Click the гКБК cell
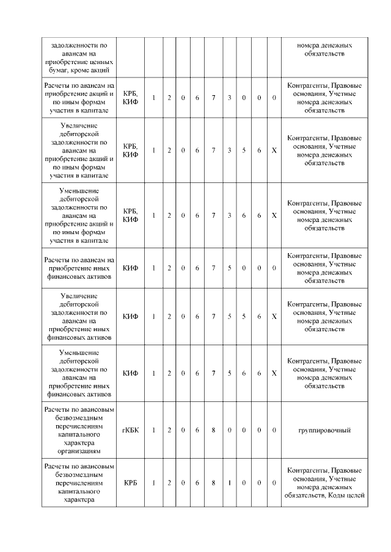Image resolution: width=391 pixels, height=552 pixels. (x=130, y=430)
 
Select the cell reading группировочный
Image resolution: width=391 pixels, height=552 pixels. (x=324, y=430)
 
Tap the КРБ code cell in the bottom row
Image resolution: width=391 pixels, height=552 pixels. (x=130, y=482)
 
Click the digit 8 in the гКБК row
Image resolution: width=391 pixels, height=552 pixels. (x=213, y=430)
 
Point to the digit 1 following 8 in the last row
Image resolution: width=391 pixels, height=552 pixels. (x=228, y=482)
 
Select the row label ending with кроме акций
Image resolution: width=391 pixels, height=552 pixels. (x=78, y=57)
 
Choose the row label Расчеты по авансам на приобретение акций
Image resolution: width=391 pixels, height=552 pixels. (x=78, y=98)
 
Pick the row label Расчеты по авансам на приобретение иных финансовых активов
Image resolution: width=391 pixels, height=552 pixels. (x=78, y=268)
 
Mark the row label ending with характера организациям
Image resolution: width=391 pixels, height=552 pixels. (x=78, y=430)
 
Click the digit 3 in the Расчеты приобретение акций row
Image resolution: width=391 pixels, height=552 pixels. (x=228, y=98)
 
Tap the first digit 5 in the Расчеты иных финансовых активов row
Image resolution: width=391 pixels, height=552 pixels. (x=228, y=268)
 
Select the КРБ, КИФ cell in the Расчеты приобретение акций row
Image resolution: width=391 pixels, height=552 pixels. (x=130, y=98)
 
